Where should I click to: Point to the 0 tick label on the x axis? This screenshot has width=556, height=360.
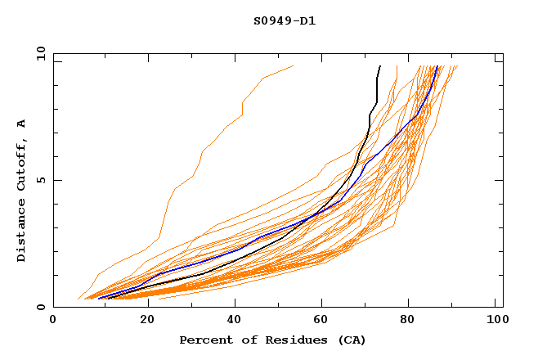(53, 322)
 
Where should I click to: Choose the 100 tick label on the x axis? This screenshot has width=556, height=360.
(495, 322)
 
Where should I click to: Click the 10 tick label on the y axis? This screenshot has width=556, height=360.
(39, 53)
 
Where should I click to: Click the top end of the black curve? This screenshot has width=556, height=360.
(380, 66)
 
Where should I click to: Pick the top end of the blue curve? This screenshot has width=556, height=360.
(438, 66)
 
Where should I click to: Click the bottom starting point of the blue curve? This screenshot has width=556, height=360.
(99, 298)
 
